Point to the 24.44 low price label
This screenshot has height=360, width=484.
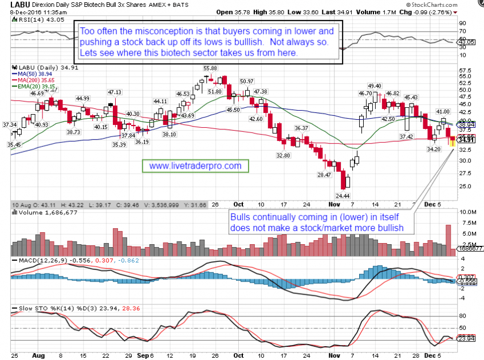point(343,195)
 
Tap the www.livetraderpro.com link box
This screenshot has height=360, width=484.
point(195,166)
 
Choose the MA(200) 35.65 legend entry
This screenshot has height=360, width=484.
point(32,81)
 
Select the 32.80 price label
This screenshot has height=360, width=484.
point(283,155)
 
